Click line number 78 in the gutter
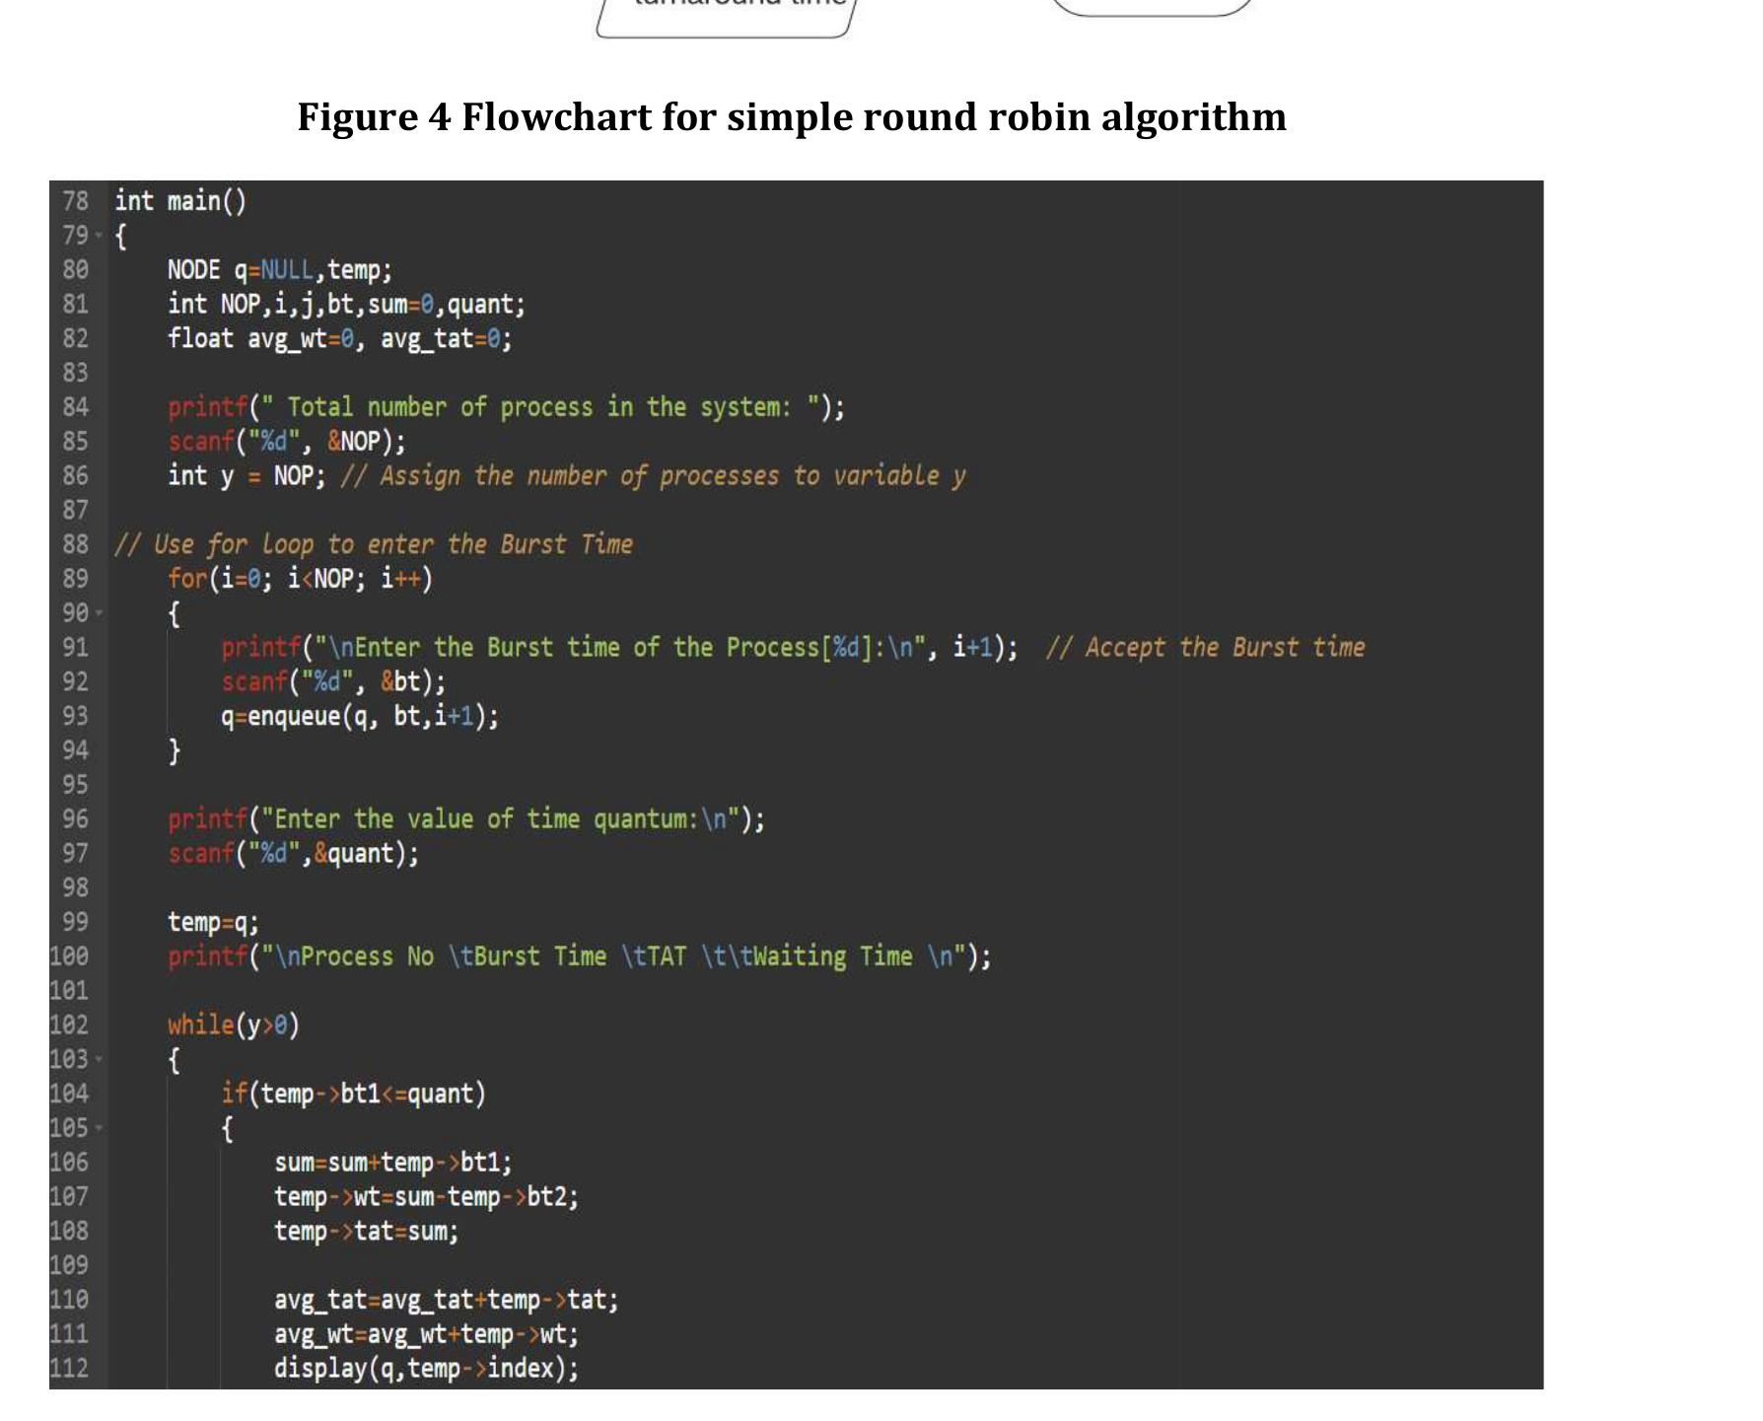click(75, 201)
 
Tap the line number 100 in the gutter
click(69, 957)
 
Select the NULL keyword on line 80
click(287, 270)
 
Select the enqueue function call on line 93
click(293, 716)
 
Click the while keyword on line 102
click(201, 1025)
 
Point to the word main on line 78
click(194, 201)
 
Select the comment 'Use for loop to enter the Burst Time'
click(374, 544)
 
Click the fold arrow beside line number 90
click(99, 613)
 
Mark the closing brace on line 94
click(175, 751)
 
